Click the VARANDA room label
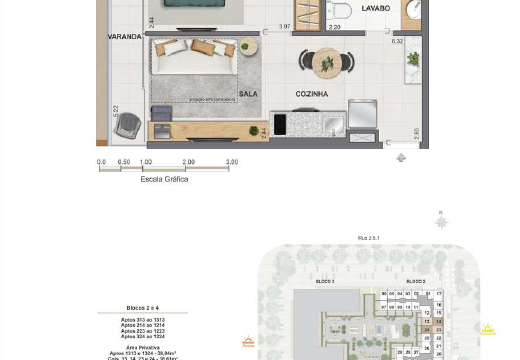point(125,36)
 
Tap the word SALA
point(248,94)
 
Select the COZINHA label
point(312,94)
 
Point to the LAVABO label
point(375,8)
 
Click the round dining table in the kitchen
point(326,62)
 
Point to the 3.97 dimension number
point(285,27)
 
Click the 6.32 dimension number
point(397,41)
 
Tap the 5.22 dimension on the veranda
point(116,110)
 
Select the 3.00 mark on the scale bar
point(232,162)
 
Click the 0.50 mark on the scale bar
point(123,162)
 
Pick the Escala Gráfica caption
point(165,179)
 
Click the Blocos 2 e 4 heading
point(140,310)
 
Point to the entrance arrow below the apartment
point(401,158)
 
